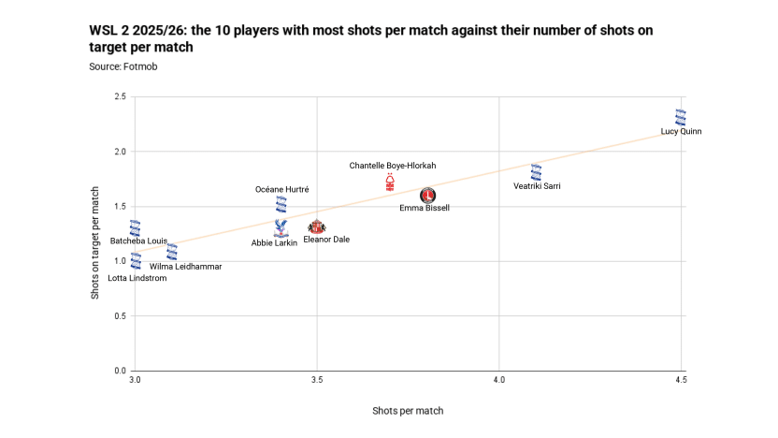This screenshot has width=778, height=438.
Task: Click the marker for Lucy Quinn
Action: click(681, 117)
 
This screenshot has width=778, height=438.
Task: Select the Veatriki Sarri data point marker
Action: click(536, 172)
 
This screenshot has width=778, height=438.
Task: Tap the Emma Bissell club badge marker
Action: click(427, 195)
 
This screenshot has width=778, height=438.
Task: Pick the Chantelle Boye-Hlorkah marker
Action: click(390, 182)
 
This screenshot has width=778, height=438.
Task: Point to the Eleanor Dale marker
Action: click(317, 226)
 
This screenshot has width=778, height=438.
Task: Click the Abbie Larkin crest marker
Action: click(281, 227)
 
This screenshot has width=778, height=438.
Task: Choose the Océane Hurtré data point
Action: click(281, 204)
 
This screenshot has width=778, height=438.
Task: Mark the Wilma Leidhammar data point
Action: click(172, 251)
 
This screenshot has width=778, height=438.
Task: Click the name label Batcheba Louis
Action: click(138, 241)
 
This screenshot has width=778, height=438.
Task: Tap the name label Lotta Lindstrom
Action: click(137, 278)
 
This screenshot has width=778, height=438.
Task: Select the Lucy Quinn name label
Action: click(681, 132)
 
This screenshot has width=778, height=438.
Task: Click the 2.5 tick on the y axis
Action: click(120, 96)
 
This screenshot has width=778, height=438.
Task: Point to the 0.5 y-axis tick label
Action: click(120, 316)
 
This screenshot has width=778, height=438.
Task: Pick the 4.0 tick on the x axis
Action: click(498, 380)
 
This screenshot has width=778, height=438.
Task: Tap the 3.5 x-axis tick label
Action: click(317, 380)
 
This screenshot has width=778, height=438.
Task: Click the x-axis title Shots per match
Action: click(408, 411)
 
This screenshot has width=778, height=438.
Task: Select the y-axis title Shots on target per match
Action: click(95, 243)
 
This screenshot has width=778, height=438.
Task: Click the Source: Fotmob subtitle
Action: click(122, 66)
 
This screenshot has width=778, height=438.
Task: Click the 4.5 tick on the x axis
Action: click(680, 380)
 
